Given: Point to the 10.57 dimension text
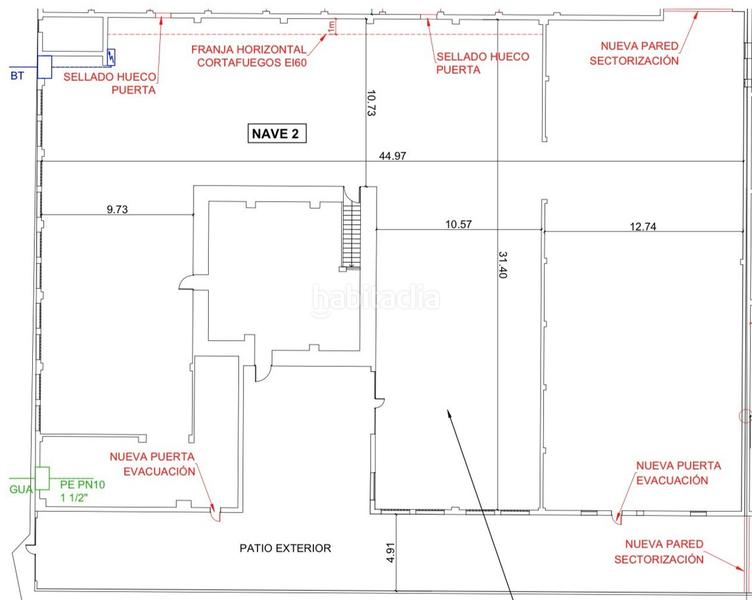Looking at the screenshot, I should coord(458,225).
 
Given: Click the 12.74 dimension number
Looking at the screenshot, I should coord(645,226).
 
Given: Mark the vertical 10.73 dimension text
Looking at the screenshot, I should coord(371,105).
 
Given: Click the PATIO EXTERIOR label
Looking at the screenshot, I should coord(285,548).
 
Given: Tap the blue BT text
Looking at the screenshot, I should coord(16,73).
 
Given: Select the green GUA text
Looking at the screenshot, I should coord(20,490).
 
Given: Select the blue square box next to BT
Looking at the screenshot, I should coord(45,66).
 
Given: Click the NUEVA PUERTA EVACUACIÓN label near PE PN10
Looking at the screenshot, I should coord(159,463).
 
